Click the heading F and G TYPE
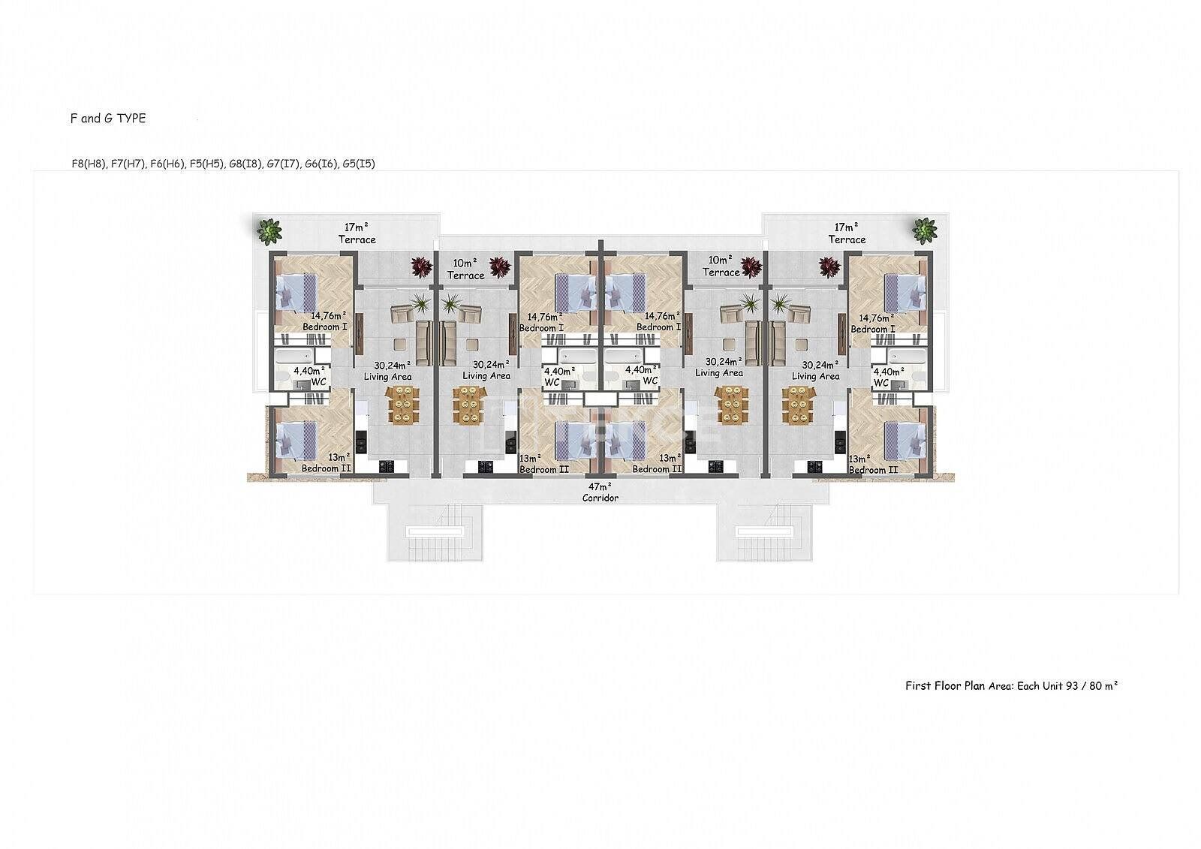pos(108,119)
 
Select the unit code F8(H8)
pos(89,164)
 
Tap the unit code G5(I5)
pos(359,164)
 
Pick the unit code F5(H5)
pos(206,164)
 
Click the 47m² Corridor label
pos(600,492)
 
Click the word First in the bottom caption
pos(919,685)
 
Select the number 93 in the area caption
pos(1072,685)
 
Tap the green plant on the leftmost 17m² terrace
pos(269,231)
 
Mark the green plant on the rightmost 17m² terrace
pos(925,230)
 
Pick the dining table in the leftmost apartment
pos(402,405)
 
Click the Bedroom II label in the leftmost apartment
pos(326,468)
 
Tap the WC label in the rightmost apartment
pos(881,383)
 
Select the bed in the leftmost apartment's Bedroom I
pos(296,292)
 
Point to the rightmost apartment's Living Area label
pos(815,377)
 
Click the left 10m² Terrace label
pos(465,269)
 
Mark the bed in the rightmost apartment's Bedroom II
pos(905,441)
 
